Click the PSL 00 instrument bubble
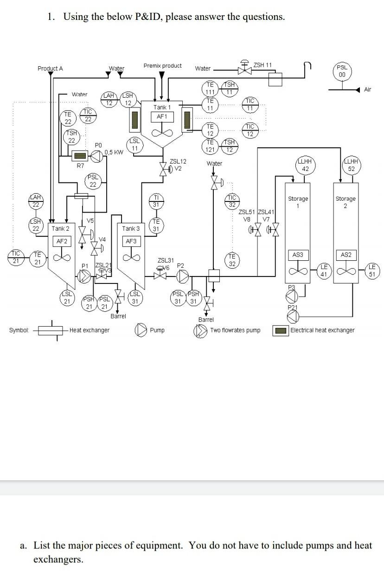pyautogui.click(x=342, y=71)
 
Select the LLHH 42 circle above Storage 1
pyautogui.click(x=305, y=165)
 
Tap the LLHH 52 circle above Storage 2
pyautogui.click(x=351, y=165)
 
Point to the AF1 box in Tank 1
pyautogui.click(x=162, y=116)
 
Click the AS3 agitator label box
pyautogui.click(x=298, y=255)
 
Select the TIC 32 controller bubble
pyautogui.click(x=232, y=201)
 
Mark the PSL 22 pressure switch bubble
pyautogui.click(x=93, y=181)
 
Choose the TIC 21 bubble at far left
pyautogui.click(x=16, y=257)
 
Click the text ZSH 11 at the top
pyautogui.click(x=262, y=65)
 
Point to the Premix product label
pyautogui.click(x=162, y=66)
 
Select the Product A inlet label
pyautogui.click(x=50, y=69)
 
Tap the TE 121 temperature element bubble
pyautogui.click(x=210, y=146)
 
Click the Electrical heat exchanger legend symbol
pyautogui.click(x=280, y=331)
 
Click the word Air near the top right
pyautogui.click(x=367, y=89)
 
